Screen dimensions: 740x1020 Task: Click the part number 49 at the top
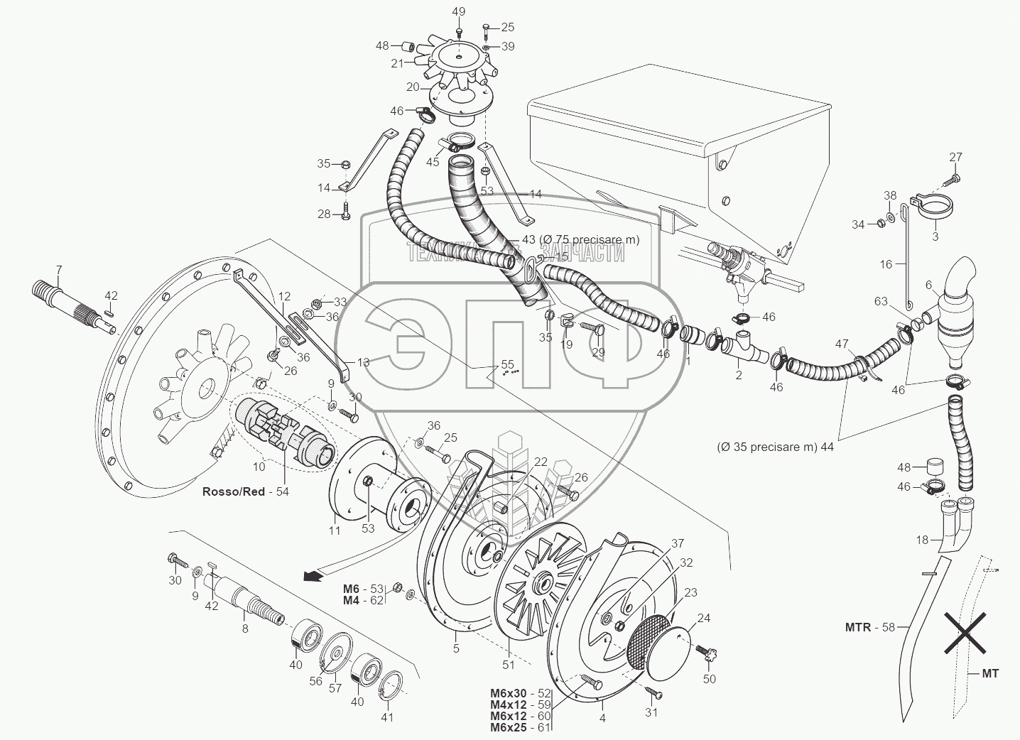pyautogui.click(x=459, y=11)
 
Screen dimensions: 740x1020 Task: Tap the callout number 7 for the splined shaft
pyautogui.click(x=59, y=270)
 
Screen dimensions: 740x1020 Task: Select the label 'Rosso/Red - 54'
pyautogui.click(x=246, y=491)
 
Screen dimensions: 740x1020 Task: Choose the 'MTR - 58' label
pyautogui.click(x=870, y=627)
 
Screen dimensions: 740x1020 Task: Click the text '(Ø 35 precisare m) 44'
pyautogui.click(x=775, y=447)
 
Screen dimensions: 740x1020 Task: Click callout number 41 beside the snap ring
pyautogui.click(x=386, y=717)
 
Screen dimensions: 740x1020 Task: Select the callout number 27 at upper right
pyautogui.click(x=955, y=157)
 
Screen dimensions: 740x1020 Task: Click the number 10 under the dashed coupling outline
pyautogui.click(x=258, y=467)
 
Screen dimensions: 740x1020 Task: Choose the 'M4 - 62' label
pyautogui.click(x=364, y=601)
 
